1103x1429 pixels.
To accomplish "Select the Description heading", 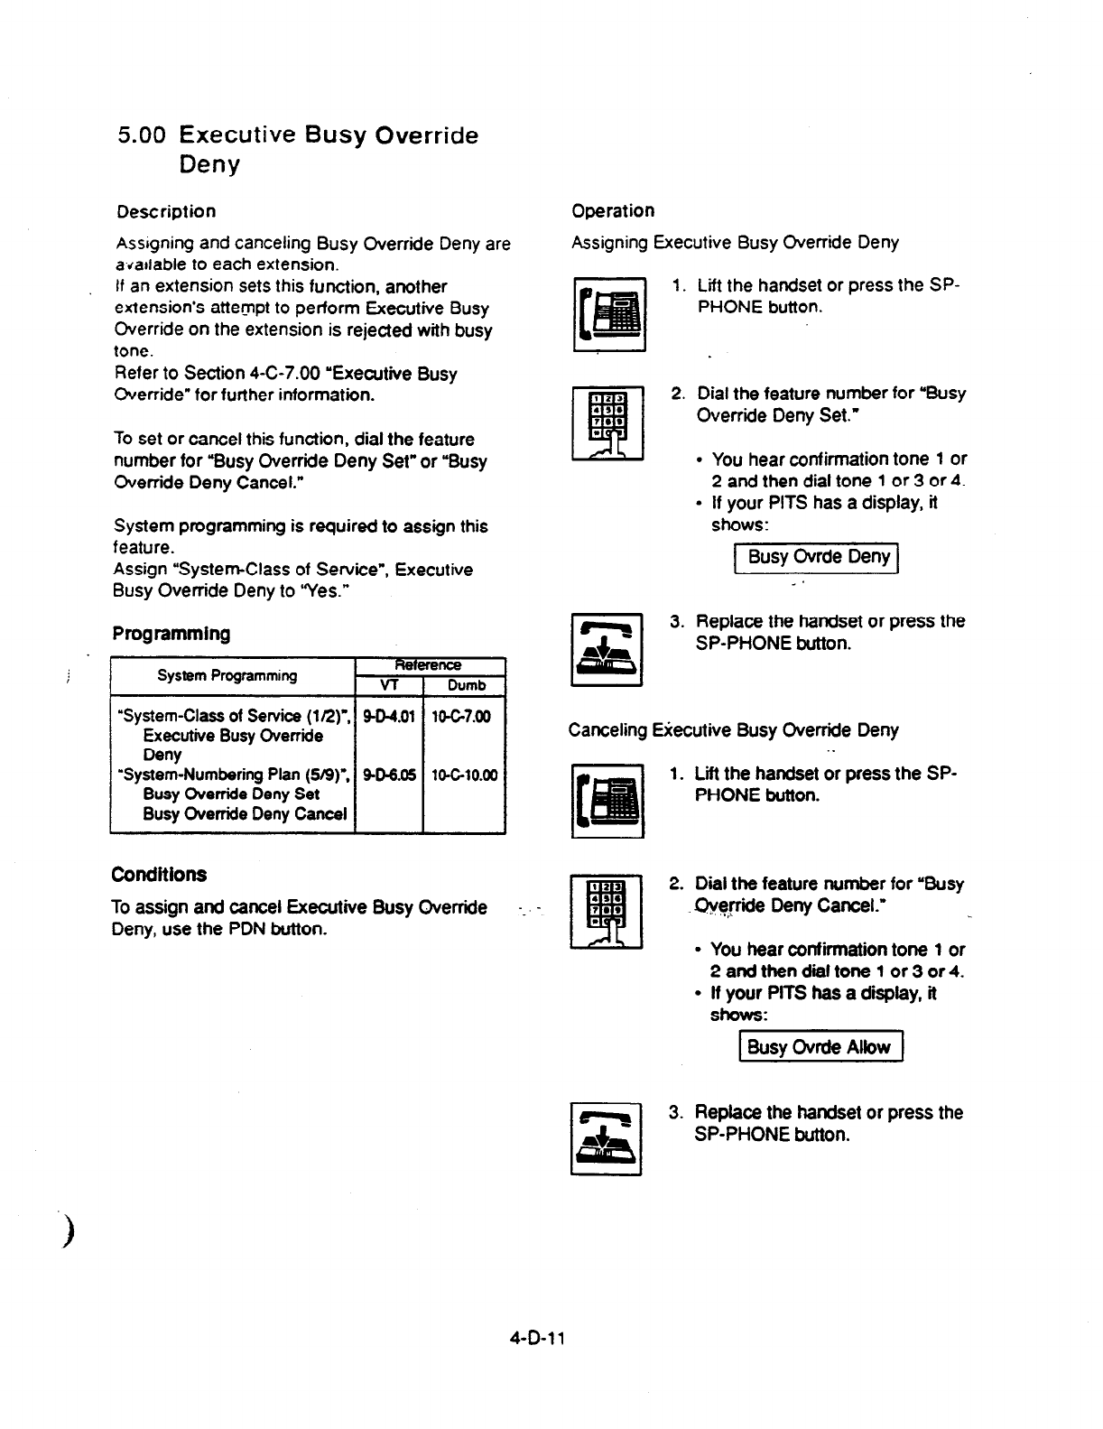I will [166, 211].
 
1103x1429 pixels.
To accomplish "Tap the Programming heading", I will [171, 633].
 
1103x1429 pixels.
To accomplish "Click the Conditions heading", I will [159, 874].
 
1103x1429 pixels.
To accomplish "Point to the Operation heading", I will [613, 210].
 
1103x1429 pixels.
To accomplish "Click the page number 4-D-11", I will [534, 1336].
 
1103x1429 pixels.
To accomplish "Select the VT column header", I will [389, 685].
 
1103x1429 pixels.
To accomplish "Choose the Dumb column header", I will [466, 685].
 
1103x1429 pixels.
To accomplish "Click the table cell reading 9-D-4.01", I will [389, 716].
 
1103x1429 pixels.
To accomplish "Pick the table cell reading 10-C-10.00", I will [464, 775].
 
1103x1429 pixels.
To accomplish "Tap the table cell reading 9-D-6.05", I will [389, 775].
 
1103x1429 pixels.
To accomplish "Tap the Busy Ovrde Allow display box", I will [820, 1047].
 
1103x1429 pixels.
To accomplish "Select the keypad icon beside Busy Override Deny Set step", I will [607, 422].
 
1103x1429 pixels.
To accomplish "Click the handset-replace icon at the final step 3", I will [606, 1139].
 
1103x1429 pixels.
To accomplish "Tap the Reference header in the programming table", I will [430, 665].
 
